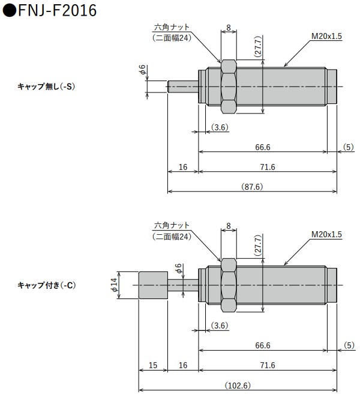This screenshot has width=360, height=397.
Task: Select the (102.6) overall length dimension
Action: pyautogui.click(x=238, y=385)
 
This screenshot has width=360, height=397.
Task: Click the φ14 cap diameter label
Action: pyautogui.click(x=114, y=284)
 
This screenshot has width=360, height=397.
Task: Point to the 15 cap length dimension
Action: pyautogui.click(x=153, y=365)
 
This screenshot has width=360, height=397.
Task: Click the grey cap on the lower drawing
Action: pyautogui.click(x=153, y=285)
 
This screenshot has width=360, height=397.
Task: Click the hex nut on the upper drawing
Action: pyautogui.click(x=229, y=86)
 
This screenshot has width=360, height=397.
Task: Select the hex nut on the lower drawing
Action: pyautogui.click(x=229, y=285)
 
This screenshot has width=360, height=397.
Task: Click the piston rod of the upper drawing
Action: pyautogui.click(x=182, y=86)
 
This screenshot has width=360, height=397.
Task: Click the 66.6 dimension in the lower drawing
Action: pyautogui.click(x=263, y=345)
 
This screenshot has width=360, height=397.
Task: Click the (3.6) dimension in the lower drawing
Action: pyautogui.click(x=220, y=326)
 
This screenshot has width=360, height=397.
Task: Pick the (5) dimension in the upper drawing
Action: pyautogui.click(x=349, y=147)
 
